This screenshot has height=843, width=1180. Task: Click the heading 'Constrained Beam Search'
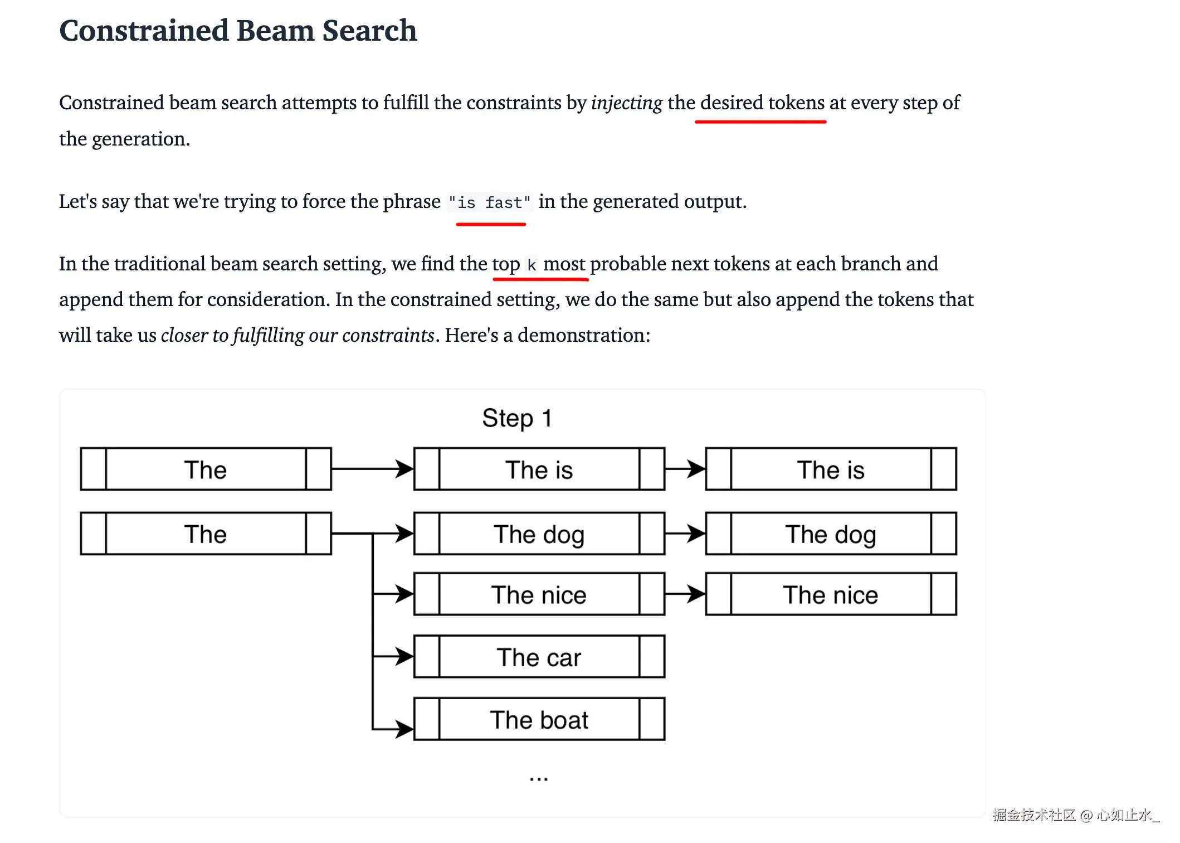click(238, 30)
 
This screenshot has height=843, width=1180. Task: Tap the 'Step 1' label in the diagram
click(516, 418)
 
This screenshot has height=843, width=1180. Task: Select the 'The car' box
click(539, 657)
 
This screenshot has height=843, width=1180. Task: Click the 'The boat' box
click(539, 719)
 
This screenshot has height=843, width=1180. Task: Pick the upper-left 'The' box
click(206, 469)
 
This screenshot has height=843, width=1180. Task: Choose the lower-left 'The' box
click(206, 534)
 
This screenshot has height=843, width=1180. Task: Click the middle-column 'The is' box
click(539, 469)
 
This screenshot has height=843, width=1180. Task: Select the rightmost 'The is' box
click(830, 469)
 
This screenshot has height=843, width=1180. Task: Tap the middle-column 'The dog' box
click(539, 534)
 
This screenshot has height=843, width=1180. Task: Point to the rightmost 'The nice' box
click(830, 594)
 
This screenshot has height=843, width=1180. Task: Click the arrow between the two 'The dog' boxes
click(685, 534)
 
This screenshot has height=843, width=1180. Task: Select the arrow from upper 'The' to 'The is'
click(372, 469)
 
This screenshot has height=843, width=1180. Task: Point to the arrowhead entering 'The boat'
click(405, 728)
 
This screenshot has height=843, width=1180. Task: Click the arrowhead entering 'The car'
click(405, 656)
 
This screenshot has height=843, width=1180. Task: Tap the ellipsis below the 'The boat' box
click(539, 778)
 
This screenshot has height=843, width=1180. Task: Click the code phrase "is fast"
click(489, 202)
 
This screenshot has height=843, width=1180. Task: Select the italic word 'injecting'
click(626, 103)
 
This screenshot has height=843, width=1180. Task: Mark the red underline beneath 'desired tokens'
click(760, 121)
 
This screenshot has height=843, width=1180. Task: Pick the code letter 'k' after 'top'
click(532, 265)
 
